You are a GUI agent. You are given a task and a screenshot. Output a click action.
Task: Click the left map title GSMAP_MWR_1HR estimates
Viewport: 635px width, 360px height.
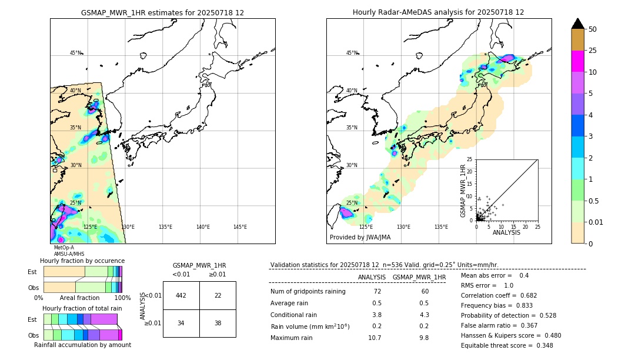(162, 12)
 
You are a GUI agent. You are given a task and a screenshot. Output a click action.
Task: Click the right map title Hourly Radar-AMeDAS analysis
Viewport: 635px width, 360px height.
(439, 12)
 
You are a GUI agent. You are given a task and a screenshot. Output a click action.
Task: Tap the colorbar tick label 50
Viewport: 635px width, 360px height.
(593, 29)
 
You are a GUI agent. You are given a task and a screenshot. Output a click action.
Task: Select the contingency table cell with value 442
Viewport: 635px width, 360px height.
(181, 295)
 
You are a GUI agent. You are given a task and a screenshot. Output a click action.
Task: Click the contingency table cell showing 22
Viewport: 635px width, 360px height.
(218, 295)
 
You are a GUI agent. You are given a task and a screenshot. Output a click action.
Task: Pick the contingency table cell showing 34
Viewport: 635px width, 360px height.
(181, 323)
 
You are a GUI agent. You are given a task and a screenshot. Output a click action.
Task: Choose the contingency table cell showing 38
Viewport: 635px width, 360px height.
(218, 323)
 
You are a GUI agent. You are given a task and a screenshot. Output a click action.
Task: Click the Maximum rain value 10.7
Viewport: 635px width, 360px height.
(374, 338)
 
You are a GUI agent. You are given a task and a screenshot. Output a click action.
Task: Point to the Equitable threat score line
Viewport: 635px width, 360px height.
(507, 345)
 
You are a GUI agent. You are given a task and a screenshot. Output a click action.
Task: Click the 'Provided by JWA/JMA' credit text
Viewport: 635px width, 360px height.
(360, 238)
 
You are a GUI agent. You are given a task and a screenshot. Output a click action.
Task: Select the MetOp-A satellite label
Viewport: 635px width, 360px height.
(64, 248)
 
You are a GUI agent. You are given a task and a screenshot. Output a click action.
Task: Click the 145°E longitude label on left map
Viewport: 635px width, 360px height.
(240, 227)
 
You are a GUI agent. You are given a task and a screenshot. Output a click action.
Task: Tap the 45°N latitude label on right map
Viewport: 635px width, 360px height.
(352, 53)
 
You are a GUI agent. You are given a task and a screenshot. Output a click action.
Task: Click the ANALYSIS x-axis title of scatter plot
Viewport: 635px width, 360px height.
(506, 232)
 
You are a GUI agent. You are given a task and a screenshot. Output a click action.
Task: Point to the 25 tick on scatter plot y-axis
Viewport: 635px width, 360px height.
(470, 159)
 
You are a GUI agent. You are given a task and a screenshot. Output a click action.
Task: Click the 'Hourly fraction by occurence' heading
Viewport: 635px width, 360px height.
(82, 261)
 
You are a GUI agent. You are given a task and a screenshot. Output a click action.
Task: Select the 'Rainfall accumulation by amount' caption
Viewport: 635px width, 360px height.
(82, 345)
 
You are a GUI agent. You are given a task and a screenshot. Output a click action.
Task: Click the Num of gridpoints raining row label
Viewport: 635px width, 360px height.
(308, 292)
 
